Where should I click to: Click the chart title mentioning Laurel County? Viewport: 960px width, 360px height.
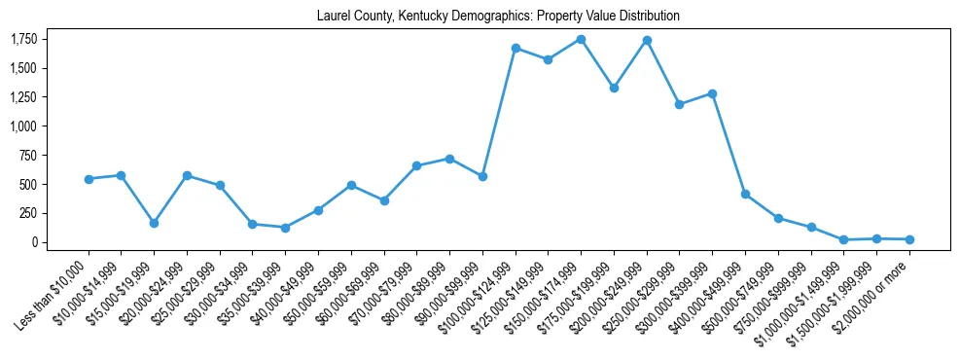pos(498,17)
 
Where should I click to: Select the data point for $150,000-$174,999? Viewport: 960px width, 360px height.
pos(581,39)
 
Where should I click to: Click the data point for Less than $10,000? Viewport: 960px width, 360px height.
pos(89,179)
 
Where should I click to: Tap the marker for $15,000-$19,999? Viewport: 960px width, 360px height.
pos(154,223)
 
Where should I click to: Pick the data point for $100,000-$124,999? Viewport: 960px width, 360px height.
pos(516,48)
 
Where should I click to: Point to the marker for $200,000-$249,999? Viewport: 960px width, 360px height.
pos(647,40)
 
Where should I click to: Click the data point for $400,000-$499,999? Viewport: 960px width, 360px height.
pos(745,195)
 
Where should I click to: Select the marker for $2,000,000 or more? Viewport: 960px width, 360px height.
pos(909,239)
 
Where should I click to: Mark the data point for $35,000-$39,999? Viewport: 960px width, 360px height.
pos(285,228)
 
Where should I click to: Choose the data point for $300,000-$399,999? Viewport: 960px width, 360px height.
pos(712,93)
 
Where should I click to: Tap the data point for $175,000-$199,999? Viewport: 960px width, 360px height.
pos(614,88)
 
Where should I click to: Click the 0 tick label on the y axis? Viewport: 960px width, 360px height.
pos(35,242)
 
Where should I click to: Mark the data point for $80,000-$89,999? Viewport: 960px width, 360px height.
pos(449,159)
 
